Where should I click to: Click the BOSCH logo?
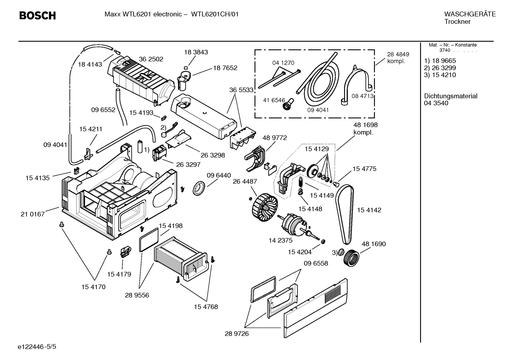click(37, 16)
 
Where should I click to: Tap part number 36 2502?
click(151, 59)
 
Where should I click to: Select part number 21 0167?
click(33, 214)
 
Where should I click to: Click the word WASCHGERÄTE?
click(470, 14)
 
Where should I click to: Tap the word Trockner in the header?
click(457, 22)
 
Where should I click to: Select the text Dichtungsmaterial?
click(451, 96)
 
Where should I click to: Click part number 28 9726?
click(237, 333)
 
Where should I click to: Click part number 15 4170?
click(94, 287)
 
